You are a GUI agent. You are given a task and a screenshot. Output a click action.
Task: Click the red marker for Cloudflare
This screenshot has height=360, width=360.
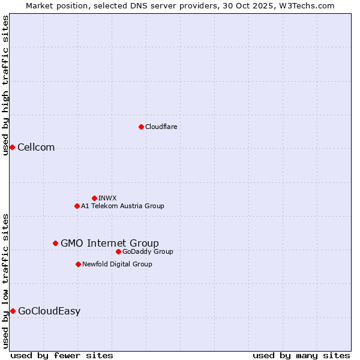(141, 127)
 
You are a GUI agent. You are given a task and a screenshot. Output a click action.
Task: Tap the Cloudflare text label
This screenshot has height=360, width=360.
(161, 127)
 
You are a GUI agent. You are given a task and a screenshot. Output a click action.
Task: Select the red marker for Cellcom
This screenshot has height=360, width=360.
(12, 147)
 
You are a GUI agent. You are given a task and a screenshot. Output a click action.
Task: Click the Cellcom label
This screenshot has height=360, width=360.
(36, 148)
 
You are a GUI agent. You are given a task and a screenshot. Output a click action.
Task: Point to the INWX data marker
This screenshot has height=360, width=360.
(94, 198)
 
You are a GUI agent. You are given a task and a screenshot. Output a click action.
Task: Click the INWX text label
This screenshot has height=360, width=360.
(107, 198)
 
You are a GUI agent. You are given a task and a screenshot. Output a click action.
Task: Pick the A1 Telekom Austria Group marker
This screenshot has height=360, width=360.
(77, 206)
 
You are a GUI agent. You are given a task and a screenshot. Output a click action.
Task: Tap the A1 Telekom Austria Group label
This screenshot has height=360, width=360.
(122, 206)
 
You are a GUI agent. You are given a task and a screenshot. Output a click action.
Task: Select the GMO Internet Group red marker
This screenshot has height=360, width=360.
(55, 243)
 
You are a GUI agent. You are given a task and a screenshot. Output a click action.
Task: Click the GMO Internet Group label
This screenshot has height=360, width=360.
(110, 243)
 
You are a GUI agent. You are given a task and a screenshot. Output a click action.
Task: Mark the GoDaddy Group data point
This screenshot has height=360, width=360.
(118, 251)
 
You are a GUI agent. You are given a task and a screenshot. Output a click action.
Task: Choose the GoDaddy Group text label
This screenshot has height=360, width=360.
(148, 251)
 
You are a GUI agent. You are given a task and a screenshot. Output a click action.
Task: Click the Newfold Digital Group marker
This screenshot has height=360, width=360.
(78, 264)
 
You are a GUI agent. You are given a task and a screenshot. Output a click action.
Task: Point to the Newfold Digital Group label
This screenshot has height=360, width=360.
(117, 264)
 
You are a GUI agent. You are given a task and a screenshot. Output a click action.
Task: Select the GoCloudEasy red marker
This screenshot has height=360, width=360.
(13, 311)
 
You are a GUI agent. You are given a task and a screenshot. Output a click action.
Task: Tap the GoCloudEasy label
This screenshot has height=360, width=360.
(49, 311)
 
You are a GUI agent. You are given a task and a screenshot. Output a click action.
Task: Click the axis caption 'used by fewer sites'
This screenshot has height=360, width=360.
(62, 355)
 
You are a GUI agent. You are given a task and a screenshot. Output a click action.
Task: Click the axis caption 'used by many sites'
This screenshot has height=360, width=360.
(301, 355)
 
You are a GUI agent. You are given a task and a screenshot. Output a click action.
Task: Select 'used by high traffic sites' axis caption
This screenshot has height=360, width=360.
(5, 85)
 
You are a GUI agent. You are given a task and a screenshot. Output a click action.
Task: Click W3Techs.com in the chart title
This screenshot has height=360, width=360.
(310, 5)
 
